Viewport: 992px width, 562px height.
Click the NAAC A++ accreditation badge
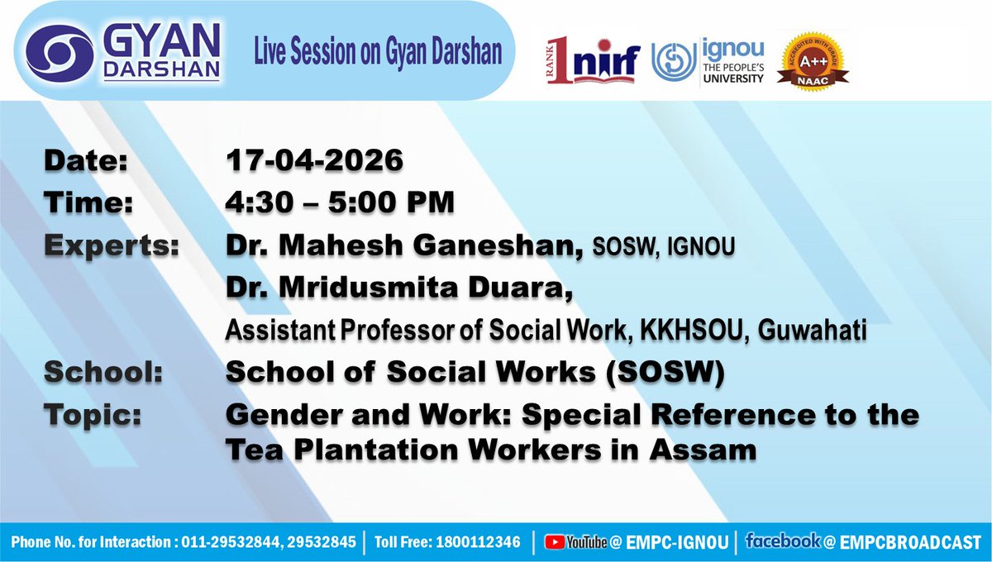click(816, 61)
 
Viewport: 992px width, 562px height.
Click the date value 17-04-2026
click(315, 160)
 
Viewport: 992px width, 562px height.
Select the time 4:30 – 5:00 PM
click(341, 202)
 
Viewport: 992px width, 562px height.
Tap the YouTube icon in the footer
click(554, 543)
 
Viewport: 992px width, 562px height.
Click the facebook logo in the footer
click(782, 542)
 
